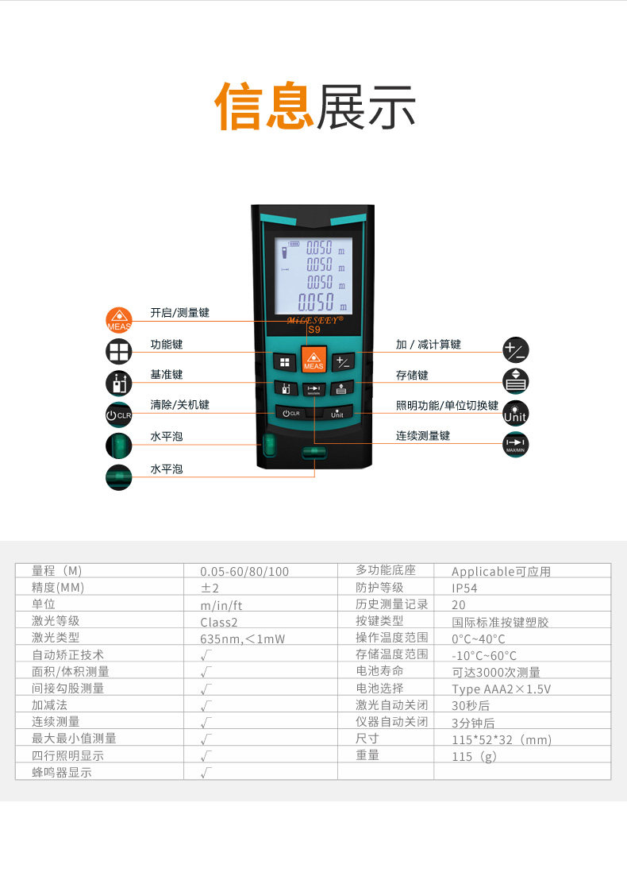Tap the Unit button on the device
[x=337, y=413]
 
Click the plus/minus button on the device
[x=342, y=363]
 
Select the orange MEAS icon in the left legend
[x=119, y=320]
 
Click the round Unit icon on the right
[x=515, y=414]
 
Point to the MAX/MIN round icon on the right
[x=515, y=445]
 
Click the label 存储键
[x=412, y=376]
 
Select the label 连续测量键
[x=422, y=435]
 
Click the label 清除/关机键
[x=179, y=405]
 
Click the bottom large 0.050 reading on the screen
[x=317, y=303]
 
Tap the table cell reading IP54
[x=464, y=588]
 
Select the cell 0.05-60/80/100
[x=244, y=571]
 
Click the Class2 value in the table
[x=219, y=623]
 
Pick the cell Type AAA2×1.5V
[x=502, y=689]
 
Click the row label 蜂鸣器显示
[x=62, y=773]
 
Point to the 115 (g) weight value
[x=474, y=756]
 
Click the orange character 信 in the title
[x=238, y=106]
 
